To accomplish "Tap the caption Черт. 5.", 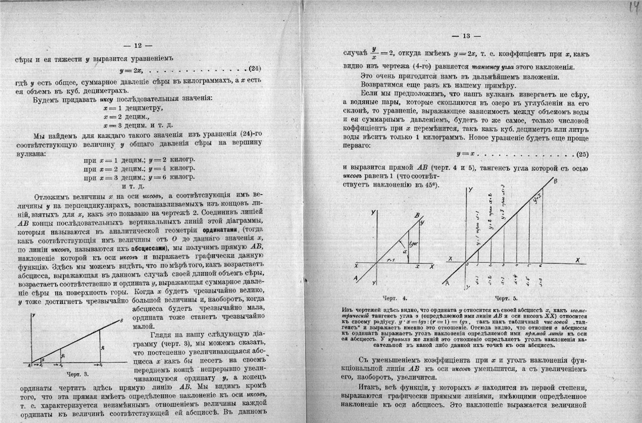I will coord(507,299).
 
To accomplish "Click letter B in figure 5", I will coord(555,180).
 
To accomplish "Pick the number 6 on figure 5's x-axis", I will coord(541,265).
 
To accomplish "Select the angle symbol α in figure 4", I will coord(399,251).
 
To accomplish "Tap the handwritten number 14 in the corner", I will coord(634,7).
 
